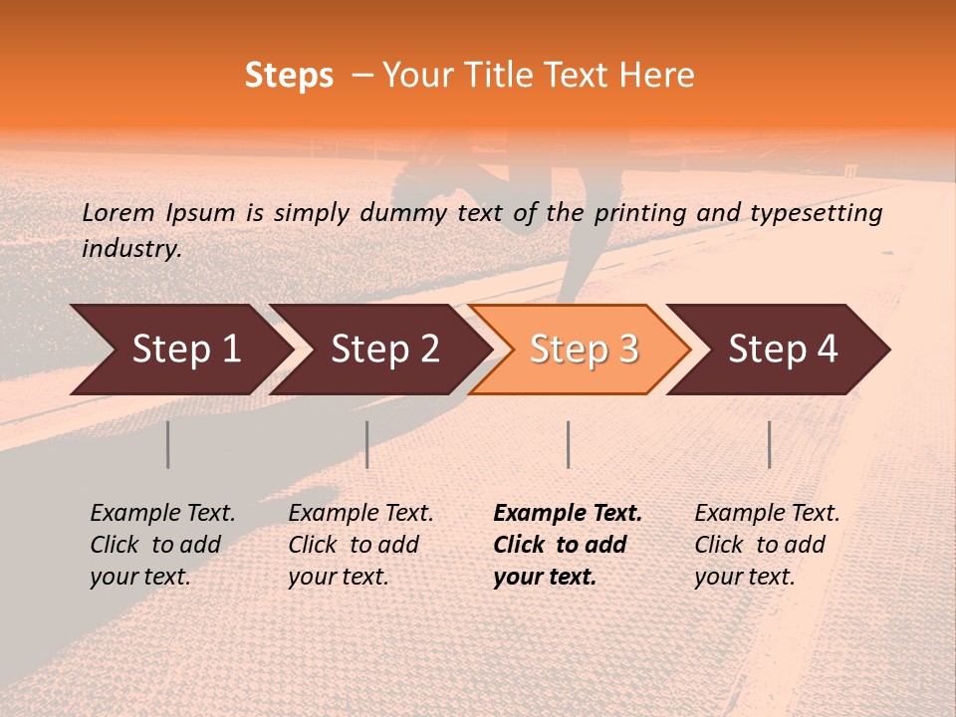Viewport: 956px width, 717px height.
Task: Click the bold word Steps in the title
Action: tap(289, 76)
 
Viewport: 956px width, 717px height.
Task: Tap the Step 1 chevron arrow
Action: tap(179, 350)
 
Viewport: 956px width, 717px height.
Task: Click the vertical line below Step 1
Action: tap(168, 444)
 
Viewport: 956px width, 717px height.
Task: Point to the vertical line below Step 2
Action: tap(367, 444)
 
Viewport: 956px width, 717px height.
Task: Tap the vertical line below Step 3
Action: tap(568, 444)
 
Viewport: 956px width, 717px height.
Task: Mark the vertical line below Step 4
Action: tap(770, 444)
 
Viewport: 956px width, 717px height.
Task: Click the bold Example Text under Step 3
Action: tap(568, 514)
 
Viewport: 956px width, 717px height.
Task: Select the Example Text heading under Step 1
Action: tap(162, 514)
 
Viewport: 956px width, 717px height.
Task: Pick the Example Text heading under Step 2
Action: tap(360, 514)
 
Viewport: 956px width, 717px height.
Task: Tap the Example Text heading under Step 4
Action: tap(767, 514)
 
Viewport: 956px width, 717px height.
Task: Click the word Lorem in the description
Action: tap(119, 212)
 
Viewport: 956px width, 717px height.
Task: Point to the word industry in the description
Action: tap(130, 249)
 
